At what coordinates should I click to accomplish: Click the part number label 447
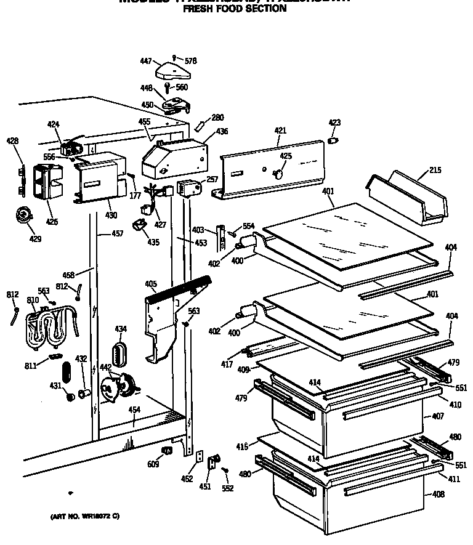coord(145,61)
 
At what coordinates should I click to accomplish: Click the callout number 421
coord(281,131)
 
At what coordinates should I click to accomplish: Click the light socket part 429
coord(25,216)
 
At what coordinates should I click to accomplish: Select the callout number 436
coord(221,132)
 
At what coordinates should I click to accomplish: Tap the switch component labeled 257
coord(188,187)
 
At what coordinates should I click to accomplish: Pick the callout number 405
coord(150,285)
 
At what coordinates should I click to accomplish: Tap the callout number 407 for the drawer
coord(437,417)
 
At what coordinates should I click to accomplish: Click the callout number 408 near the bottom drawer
coord(437,495)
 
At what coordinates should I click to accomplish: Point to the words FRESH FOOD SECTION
coord(235,9)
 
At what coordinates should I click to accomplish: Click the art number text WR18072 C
coord(85,516)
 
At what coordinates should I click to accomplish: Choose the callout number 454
coord(134,410)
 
